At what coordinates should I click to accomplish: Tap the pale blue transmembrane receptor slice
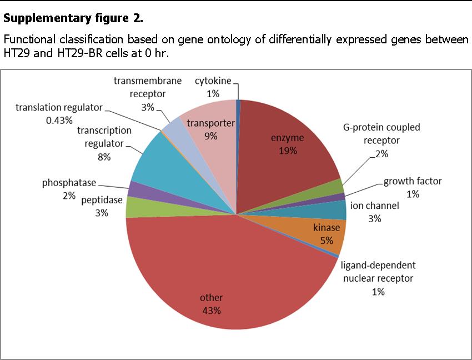(x=173, y=127)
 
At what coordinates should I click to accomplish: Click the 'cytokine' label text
(x=213, y=81)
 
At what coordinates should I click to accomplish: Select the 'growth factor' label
(x=413, y=182)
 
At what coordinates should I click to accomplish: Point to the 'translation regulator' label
(x=59, y=107)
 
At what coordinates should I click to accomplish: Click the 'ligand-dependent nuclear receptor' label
(x=378, y=271)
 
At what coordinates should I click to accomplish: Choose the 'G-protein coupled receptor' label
(x=381, y=133)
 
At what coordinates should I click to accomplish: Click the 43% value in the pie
(x=211, y=311)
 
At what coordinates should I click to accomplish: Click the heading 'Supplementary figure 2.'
(x=73, y=19)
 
